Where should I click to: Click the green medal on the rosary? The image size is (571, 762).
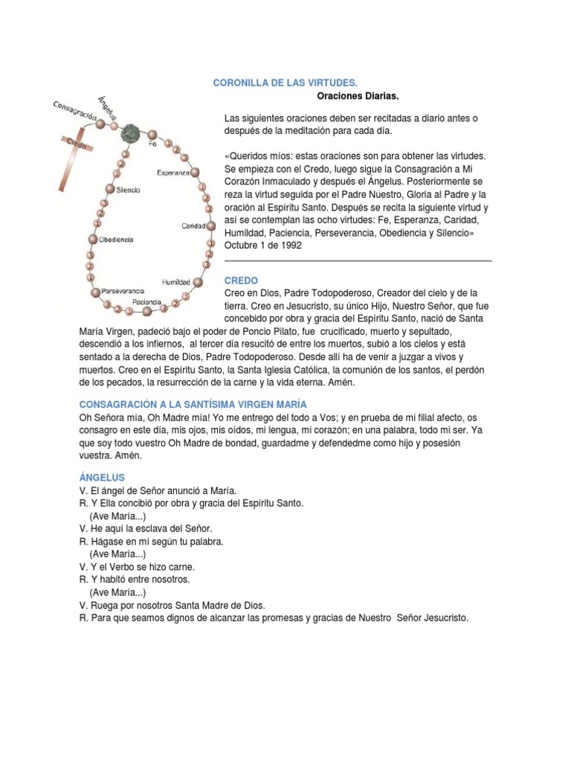131,133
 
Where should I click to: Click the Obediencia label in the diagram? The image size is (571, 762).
116,240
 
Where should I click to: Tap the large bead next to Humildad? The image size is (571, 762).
198,283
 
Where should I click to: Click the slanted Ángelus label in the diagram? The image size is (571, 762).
109,111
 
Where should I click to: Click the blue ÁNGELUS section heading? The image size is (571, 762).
102,476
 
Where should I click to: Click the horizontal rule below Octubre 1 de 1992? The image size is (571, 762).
358,261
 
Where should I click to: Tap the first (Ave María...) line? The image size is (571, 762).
117,516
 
